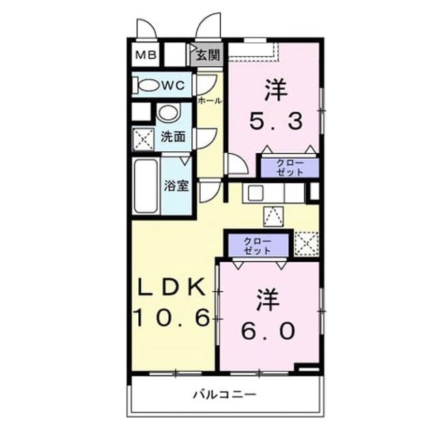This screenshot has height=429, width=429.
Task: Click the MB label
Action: (146, 55)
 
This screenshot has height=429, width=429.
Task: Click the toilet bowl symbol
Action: (146, 86)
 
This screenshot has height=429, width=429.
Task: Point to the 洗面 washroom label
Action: (173, 136)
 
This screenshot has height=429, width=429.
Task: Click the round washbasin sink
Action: (169, 112)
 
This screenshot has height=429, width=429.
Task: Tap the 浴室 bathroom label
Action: (176, 186)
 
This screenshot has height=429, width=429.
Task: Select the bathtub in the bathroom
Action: (146, 186)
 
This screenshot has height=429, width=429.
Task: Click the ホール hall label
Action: (209, 101)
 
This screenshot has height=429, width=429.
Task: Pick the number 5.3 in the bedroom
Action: (276, 121)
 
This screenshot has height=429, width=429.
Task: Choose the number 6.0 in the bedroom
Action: (268, 330)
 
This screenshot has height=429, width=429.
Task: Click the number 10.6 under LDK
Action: (172, 317)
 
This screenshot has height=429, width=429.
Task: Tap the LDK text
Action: (172, 287)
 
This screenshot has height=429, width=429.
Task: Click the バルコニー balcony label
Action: (225, 394)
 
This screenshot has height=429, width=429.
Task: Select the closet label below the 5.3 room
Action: (290, 168)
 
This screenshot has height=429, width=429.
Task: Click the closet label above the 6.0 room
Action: (257, 247)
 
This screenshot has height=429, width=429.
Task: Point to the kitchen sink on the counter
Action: (255, 192)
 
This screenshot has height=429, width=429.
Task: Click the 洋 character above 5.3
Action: (276, 90)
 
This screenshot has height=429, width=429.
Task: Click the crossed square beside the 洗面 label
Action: (144, 140)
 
